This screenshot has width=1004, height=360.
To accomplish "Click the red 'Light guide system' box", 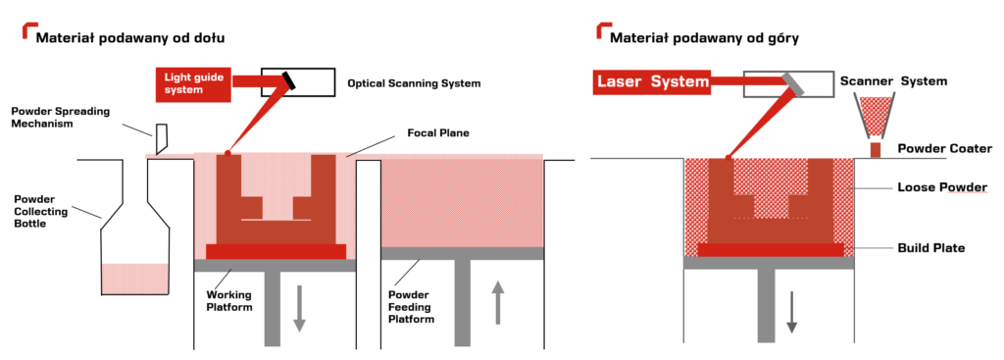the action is (x=194, y=83).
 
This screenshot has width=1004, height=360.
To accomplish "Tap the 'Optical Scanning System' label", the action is (x=414, y=83).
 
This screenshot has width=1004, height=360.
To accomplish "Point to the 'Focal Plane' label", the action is (x=438, y=133).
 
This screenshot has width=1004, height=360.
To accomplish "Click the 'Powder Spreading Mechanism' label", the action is (x=61, y=118).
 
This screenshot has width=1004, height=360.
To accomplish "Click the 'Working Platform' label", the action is (x=229, y=300).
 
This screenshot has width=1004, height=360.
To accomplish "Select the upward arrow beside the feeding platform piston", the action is (x=497, y=303).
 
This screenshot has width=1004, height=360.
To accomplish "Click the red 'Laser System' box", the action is (x=652, y=82).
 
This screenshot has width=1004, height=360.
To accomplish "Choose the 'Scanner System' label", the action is (x=893, y=81).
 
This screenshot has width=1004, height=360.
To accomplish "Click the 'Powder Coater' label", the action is (x=944, y=149).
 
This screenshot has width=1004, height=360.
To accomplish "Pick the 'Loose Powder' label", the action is (x=942, y=187).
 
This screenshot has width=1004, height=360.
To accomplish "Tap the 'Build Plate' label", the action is (x=931, y=247).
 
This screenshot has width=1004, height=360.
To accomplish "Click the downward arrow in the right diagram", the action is (x=791, y=312).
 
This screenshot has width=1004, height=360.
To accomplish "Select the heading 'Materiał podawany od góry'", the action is (x=704, y=38).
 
